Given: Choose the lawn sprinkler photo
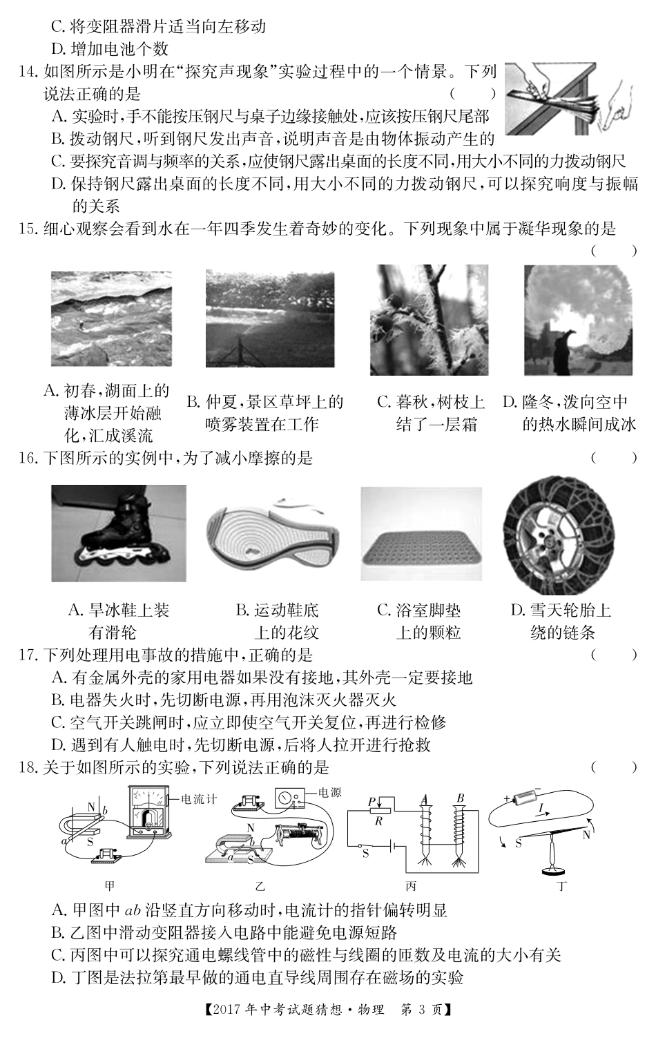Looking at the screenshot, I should (x=269, y=319).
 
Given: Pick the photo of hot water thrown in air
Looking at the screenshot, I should (x=577, y=320).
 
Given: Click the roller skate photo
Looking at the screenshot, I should (x=118, y=533).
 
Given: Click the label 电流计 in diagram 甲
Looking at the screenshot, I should (x=199, y=800).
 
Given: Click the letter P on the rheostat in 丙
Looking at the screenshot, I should (x=372, y=801).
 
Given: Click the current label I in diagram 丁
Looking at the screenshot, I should (x=541, y=806).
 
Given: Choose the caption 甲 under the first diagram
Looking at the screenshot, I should (x=108, y=886).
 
